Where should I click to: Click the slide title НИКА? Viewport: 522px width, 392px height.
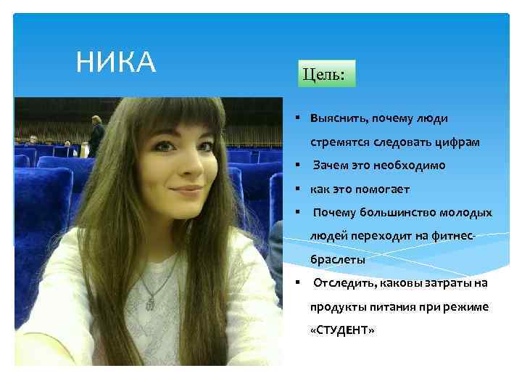pyautogui.click(x=116, y=63)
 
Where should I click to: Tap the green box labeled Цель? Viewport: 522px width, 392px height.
pyautogui.click(x=325, y=74)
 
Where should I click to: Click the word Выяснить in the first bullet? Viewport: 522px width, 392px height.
pyautogui.click(x=338, y=118)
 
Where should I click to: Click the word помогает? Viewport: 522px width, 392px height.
pyautogui.click(x=384, y=189)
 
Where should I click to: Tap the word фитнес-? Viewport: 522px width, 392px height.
pyautogui.click(x=454, y=236)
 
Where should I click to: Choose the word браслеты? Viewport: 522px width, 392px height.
pyautogui.click(x=338, y=259)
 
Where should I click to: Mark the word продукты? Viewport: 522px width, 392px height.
pyautogui.click(x=336, y=306)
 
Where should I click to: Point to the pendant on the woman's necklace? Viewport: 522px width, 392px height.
pyautogui.click(x=149, y=300)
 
